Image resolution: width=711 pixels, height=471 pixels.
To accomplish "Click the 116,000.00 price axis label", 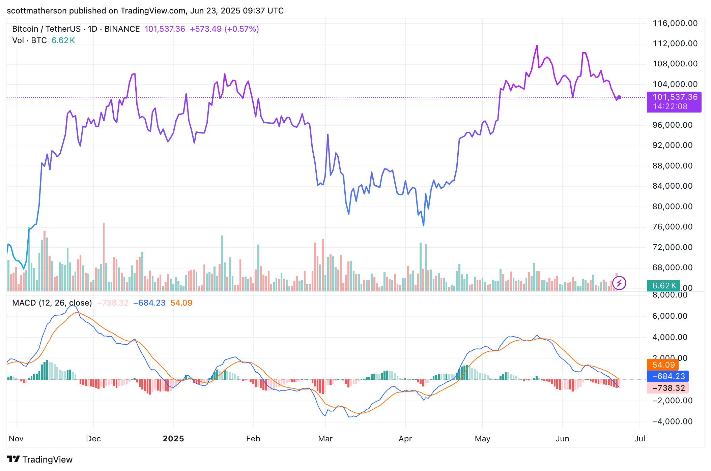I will [675, 23].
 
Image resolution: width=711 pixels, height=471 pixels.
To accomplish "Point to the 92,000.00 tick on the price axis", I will [672, 145].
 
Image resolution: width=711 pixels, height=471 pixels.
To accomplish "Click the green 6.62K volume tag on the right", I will [663, 286].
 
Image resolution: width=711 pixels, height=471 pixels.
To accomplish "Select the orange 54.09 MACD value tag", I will [663, 365].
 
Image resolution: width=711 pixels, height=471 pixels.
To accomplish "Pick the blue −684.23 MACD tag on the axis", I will [668, 376].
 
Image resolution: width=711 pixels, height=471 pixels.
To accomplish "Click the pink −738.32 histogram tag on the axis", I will [668, 388].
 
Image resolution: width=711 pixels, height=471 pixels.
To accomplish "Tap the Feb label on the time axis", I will [253, 439].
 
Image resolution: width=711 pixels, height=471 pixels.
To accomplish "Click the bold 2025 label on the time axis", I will [173, 439].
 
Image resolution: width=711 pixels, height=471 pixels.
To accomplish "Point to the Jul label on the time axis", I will [639, 439].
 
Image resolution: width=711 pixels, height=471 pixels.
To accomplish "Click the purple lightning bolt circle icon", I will [619, 283].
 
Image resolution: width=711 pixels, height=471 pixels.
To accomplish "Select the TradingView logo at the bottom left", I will [39, 460].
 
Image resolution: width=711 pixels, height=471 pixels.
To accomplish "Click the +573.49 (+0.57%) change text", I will [224, 29].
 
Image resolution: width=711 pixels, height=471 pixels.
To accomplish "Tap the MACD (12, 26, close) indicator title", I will [52, 303].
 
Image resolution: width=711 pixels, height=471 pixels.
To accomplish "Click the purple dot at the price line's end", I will [619, 97].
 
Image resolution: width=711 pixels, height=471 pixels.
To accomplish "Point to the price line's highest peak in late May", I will [537, 46].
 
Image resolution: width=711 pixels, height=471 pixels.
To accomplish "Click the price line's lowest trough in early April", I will [424, 225].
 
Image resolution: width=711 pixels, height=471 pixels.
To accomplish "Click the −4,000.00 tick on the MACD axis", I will [672, 421].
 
